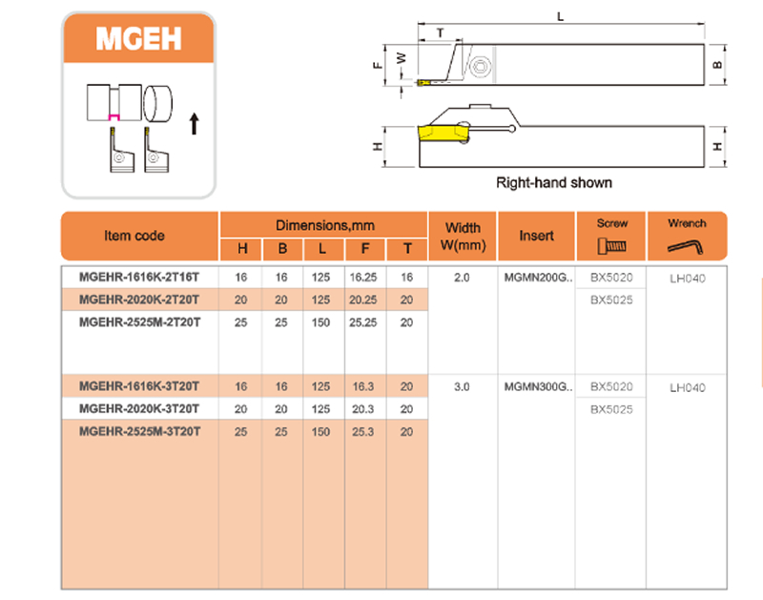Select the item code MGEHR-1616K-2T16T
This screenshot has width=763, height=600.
139,278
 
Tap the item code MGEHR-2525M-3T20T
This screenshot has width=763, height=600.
139,432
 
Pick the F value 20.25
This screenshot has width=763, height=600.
366,300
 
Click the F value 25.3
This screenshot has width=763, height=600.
366,432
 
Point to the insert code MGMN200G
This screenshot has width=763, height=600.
537,278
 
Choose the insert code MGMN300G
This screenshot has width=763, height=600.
537,387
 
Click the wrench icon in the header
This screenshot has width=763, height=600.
687,246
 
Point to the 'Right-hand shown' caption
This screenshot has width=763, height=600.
554,182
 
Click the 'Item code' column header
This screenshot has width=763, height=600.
134,236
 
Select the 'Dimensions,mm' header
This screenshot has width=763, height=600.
326,225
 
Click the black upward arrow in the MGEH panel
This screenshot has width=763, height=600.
194,123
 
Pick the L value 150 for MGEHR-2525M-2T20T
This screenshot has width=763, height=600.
321,322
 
